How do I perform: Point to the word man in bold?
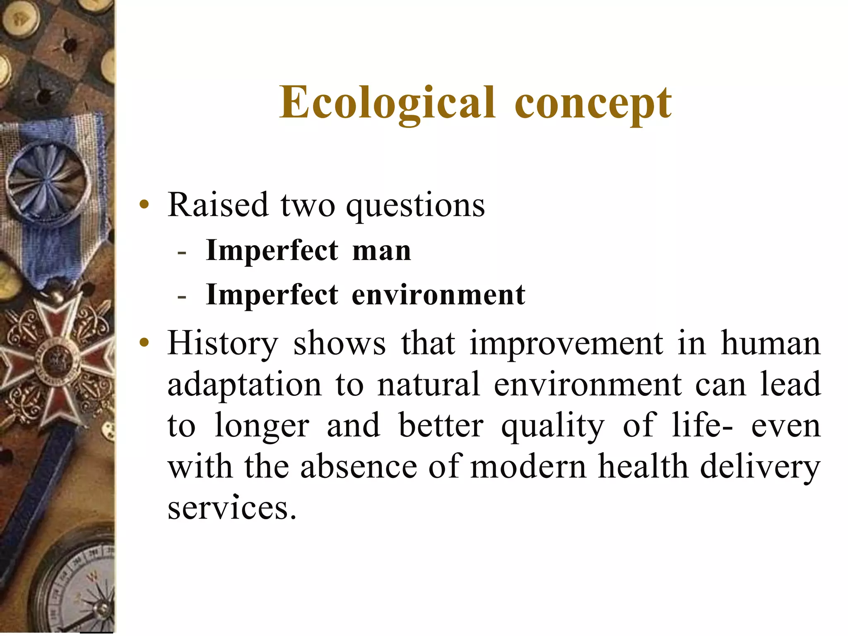click(381, 251)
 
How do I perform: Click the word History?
click(223, 344)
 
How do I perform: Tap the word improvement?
click(566, 344)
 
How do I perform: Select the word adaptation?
click(244, 385)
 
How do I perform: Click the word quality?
click(553, 426)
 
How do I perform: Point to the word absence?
click(359, 467)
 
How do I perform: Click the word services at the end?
click(232, 508)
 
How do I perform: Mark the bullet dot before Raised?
click(144, 205)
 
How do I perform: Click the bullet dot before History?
click(144, 343)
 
